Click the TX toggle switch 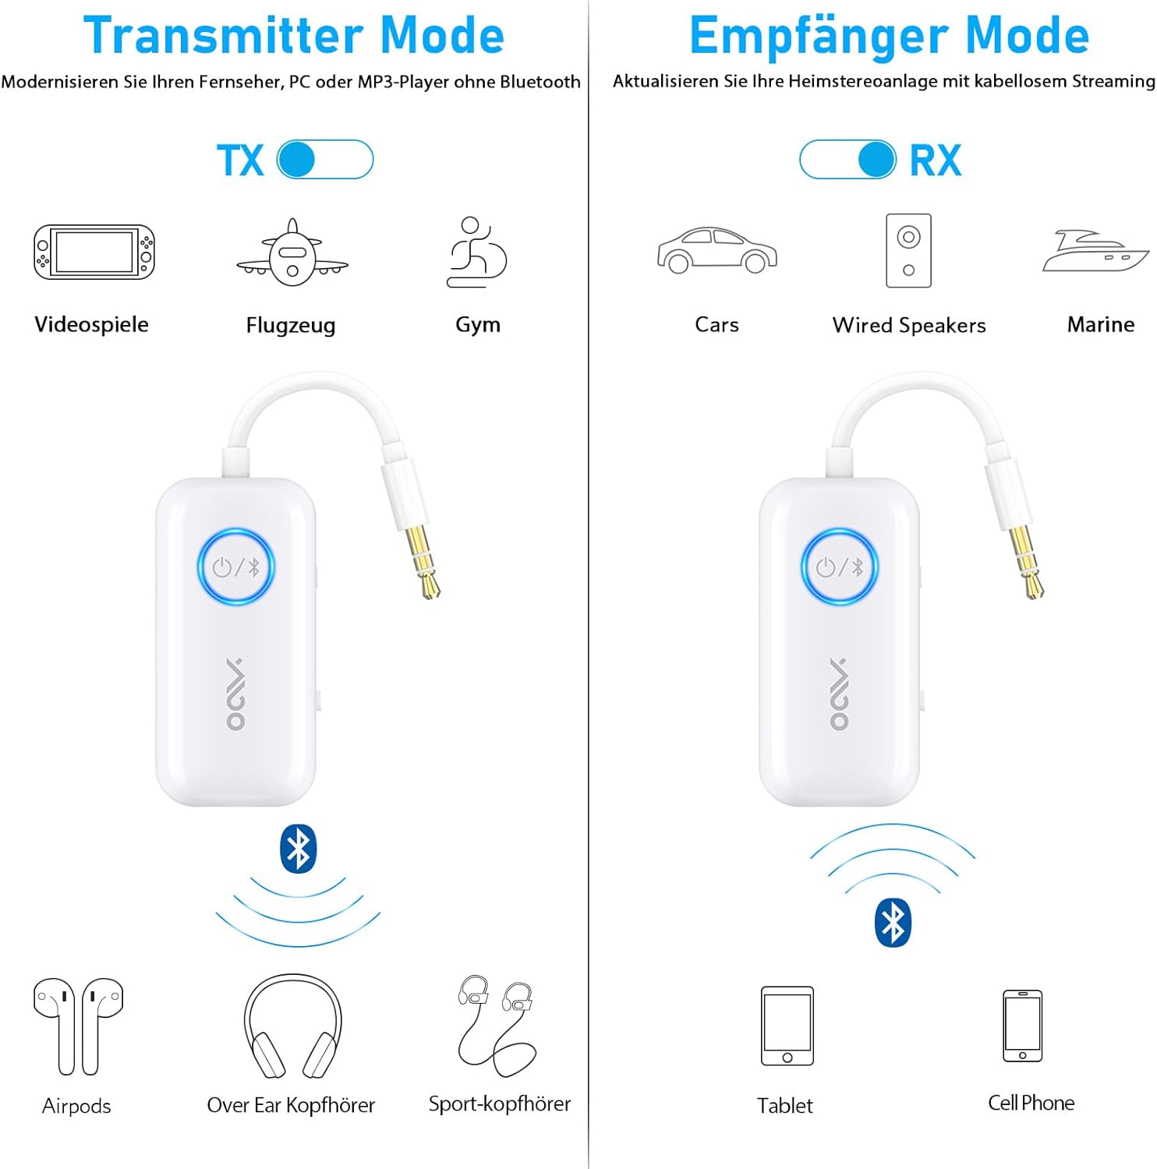tap(325, 160)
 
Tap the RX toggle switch tap(848, 160)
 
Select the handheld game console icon tap(94, 252)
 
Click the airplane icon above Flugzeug tap(292, 253)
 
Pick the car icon tap(716, 250)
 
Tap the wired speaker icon tap(908, 251)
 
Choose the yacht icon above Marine tap(1095, 251)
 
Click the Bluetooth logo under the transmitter tap(298, 849)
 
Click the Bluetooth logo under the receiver tap(893, 923)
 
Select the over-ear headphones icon tap(292, 1026)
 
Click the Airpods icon tap(78, 1026)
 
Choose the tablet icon tap(787, 1026)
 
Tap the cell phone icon tap(1023, 1026)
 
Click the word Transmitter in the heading tap(224, 36)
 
